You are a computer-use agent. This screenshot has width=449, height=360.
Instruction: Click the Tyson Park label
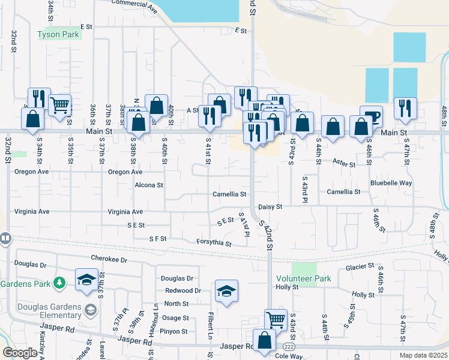click(x=59, y=35)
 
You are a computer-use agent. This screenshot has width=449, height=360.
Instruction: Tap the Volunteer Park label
click(x=303, y=279)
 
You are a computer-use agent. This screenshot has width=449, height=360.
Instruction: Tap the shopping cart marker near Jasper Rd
click(x=276, y=319)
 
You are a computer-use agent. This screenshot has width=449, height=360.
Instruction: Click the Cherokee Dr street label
click(x=109, y=259)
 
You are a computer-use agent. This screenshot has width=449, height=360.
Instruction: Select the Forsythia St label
click(x=214, y=242)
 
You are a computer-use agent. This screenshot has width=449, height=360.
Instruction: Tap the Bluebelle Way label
click(x=391, y=182)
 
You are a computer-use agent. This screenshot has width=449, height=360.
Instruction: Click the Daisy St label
click(x=270, y=206)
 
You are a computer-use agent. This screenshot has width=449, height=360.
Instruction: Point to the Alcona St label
click(x=149, y=185)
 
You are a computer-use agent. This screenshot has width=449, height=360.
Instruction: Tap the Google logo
click(x=20, y=353)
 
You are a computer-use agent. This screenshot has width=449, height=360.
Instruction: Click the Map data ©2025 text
click(x=423, y=355)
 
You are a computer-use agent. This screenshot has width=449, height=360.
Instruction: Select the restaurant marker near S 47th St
click(x=405, y=108)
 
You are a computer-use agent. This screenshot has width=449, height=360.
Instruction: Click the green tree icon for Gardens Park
click(x=59, y=282)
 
